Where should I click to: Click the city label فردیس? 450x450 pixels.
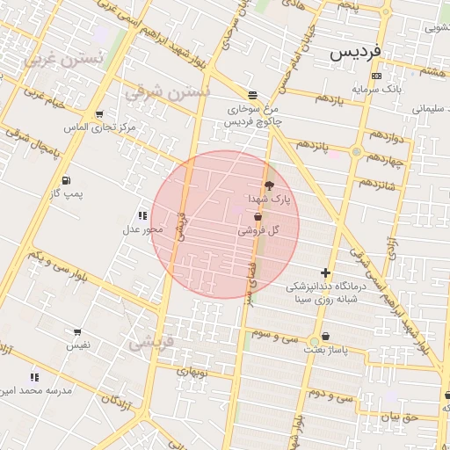click(356, 53)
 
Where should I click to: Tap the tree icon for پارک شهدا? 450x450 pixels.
click(269, 185)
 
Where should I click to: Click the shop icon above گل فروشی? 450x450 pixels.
click(258, 216)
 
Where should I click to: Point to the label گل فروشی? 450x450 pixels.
click(258, 230)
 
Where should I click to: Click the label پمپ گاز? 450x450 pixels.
click(66, 193)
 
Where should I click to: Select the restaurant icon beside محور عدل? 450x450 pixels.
click(142, 215)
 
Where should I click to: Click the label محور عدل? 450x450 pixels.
click(142, 229)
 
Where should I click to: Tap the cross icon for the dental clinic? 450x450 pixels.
click(325, 273)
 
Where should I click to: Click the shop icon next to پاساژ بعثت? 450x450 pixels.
click(326, 337)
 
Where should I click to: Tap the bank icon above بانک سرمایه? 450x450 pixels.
click(376, 76)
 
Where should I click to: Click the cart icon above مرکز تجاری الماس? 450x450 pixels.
click(98, 114)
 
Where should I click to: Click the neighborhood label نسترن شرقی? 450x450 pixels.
click(167, 91)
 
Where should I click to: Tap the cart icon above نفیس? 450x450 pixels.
click(78, 332)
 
